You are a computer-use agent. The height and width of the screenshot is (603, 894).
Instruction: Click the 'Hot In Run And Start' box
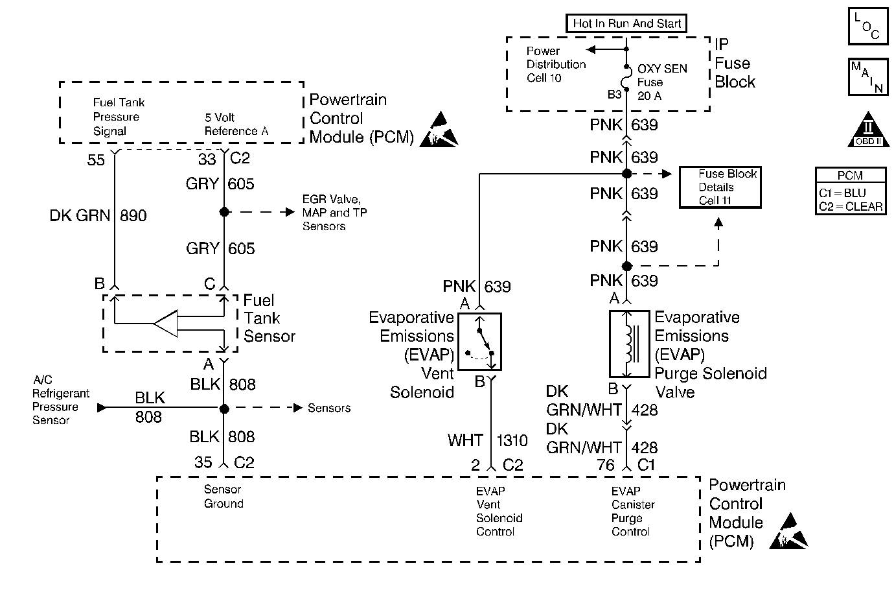coord(626,24)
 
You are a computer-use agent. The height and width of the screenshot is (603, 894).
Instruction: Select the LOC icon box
coord(867,27)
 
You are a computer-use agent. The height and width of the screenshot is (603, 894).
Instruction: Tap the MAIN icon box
coord(867,77)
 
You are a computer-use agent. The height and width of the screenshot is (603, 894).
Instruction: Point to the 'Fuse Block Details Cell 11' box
coord(719,187)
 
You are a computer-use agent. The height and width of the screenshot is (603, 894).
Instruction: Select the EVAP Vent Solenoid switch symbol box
coord(479,342)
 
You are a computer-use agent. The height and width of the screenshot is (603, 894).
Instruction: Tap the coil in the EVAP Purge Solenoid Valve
coord(628,344)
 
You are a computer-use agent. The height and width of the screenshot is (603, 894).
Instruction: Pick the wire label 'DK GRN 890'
coord(98,216)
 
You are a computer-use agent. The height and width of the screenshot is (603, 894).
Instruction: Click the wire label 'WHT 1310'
coord(487,441)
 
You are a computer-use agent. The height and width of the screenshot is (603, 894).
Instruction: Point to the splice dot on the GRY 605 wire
coord(224,212)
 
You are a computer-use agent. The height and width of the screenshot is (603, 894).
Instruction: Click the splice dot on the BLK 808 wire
coord(224,408)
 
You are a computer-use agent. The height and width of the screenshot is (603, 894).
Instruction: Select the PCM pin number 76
coord(605,465)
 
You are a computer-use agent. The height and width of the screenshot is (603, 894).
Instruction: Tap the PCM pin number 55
coord(96,160)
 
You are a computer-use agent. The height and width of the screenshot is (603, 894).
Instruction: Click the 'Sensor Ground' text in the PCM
coord(223,497)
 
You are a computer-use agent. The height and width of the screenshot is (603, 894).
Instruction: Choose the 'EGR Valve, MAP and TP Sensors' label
coord(334,213)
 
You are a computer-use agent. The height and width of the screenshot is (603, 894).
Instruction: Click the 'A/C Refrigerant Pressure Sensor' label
coord(60,400)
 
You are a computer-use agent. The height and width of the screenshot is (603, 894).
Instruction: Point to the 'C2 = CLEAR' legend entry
coord(850,207)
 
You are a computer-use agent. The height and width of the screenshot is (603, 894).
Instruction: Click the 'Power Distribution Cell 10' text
coord(556,64)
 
